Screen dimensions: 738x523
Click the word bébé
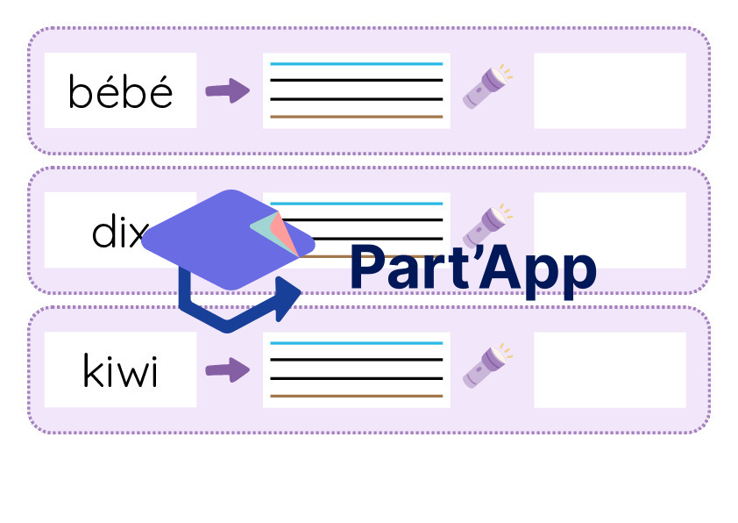120,91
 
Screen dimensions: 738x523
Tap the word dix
119,231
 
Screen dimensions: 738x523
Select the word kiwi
120,370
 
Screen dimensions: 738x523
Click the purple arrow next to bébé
228,90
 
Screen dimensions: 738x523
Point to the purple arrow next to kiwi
228,369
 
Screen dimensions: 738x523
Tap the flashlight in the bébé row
487,87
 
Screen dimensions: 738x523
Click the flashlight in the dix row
487,226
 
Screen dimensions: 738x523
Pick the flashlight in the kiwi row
487,366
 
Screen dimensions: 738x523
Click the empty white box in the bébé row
610,90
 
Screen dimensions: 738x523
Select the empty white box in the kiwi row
610,369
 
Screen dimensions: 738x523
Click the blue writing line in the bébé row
357,63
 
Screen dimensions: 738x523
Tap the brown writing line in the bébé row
357,117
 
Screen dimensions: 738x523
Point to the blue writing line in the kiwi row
357,343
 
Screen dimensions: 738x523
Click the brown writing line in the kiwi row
357,396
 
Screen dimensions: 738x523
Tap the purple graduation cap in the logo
221,240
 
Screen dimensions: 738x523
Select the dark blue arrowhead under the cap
288,298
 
